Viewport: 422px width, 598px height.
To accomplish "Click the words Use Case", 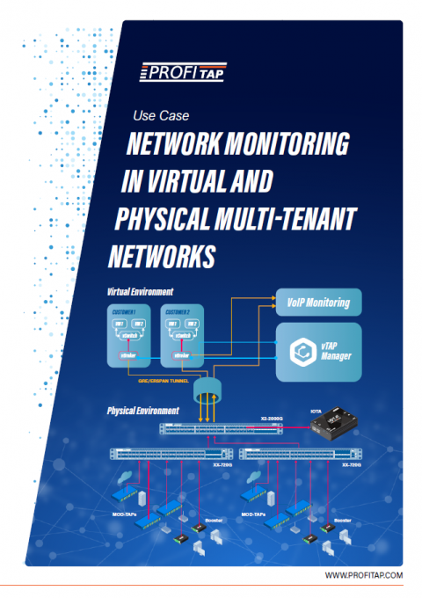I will (160, 115).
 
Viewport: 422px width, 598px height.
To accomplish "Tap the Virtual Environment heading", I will (140, 291).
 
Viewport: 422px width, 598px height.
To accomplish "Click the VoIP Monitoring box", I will (317, 303).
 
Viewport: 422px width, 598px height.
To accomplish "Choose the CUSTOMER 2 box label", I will (182, 311).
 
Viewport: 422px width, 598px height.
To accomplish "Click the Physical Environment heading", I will (143, 410).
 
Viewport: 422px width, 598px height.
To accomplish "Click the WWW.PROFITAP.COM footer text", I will (362, 575).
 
